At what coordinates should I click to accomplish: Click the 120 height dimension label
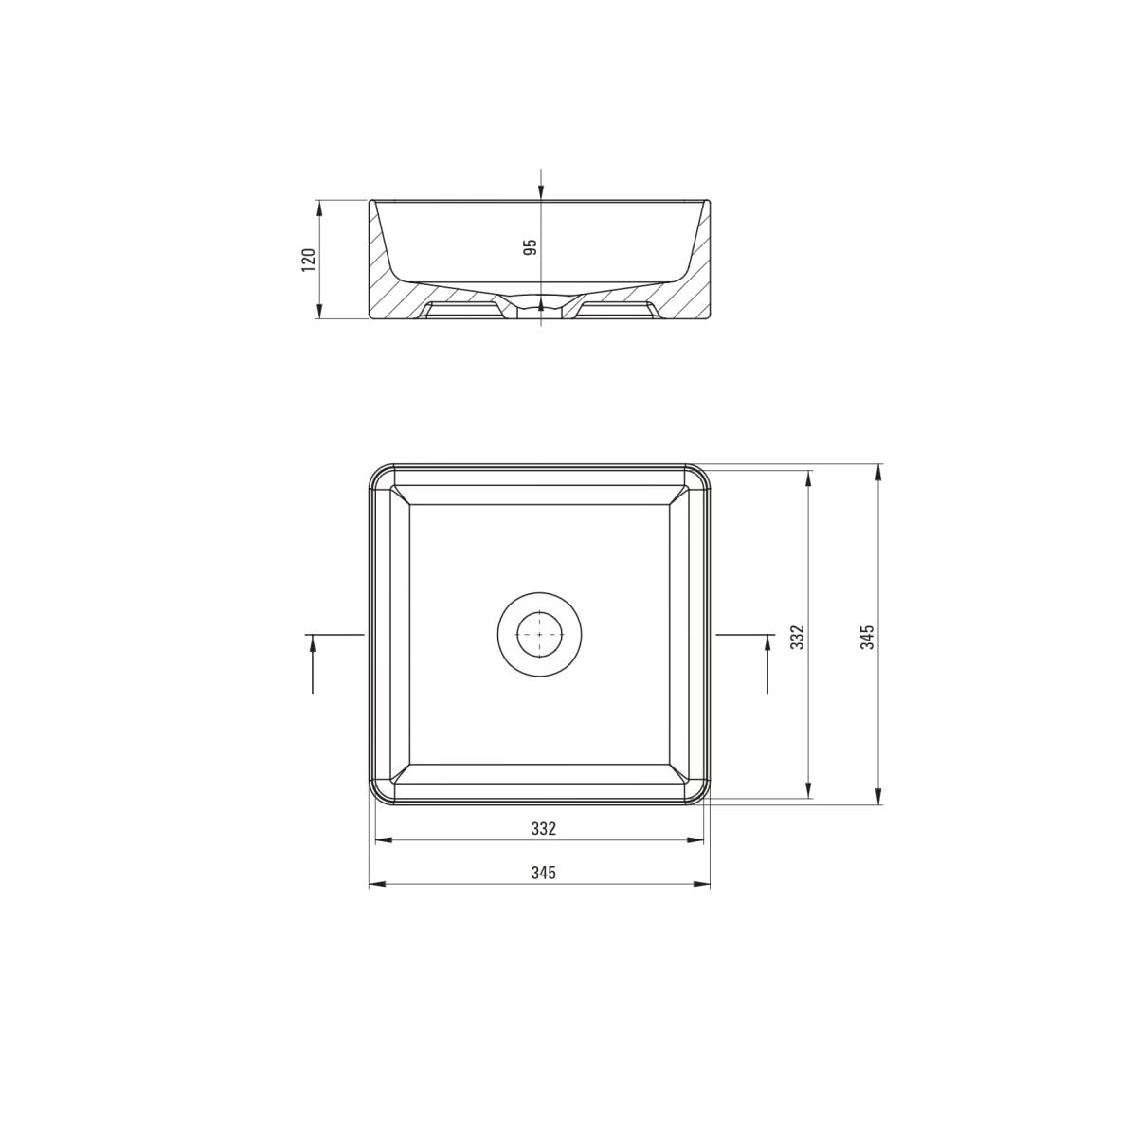pyautogui.click(x=309, y=260)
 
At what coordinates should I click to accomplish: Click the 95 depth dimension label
pyautogui.click(x=531, y=246)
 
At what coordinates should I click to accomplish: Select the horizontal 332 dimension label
pyautogui.click(x=544, y=829)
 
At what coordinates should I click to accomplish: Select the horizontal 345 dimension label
pyautogui.click(x=544, y=873)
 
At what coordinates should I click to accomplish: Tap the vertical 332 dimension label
pyautogui.click(x=798, y=638)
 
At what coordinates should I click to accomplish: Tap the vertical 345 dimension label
pyautogui.click(x=867, y=638)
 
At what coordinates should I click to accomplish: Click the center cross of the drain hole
pyautogui.click(x=540, y=634)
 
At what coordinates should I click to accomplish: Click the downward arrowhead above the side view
pyautogui.click(x=541, y=191)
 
